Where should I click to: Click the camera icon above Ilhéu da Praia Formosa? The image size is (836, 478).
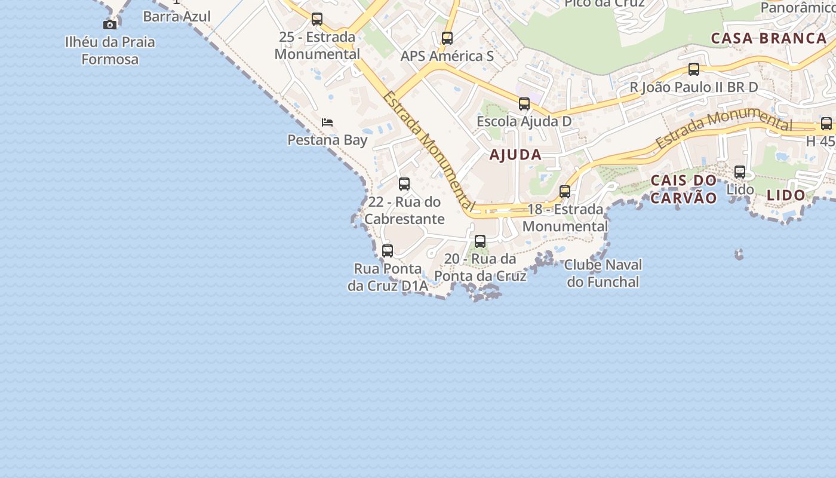110,24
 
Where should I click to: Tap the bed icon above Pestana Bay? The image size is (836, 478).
327,122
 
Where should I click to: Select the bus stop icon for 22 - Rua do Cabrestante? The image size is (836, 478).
404,184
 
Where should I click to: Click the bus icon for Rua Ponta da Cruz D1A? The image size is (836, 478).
388,251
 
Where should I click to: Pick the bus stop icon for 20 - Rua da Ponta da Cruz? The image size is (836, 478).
480,241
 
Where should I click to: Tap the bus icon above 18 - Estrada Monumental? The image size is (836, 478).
565,192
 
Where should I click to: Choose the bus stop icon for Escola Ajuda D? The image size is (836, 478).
524,104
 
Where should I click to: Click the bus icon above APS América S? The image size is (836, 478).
447,38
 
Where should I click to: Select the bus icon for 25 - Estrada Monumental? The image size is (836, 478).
317,19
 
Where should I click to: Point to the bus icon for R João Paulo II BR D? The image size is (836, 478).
694,69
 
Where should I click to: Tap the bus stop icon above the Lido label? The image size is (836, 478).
740,172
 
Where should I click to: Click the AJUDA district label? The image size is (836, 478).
515,155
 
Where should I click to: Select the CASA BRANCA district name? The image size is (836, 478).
769,39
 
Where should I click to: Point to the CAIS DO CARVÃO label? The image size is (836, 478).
684,189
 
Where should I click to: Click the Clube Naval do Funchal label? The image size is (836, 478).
603,273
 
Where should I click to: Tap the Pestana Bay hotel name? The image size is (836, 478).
327,140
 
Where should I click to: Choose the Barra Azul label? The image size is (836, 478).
177,16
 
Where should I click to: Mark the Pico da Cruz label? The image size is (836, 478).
604,4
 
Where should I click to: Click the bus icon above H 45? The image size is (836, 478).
826,124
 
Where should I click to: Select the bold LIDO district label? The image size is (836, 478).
786,195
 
